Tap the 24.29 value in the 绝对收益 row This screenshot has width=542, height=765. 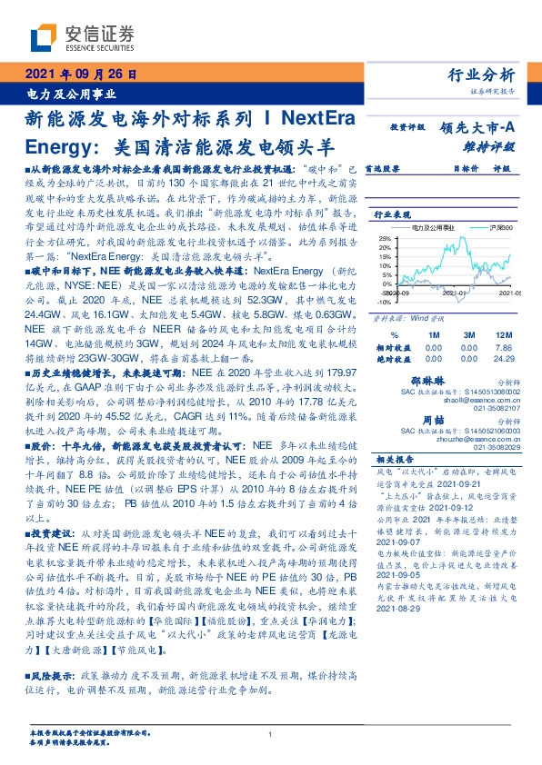[x=505, y=358]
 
